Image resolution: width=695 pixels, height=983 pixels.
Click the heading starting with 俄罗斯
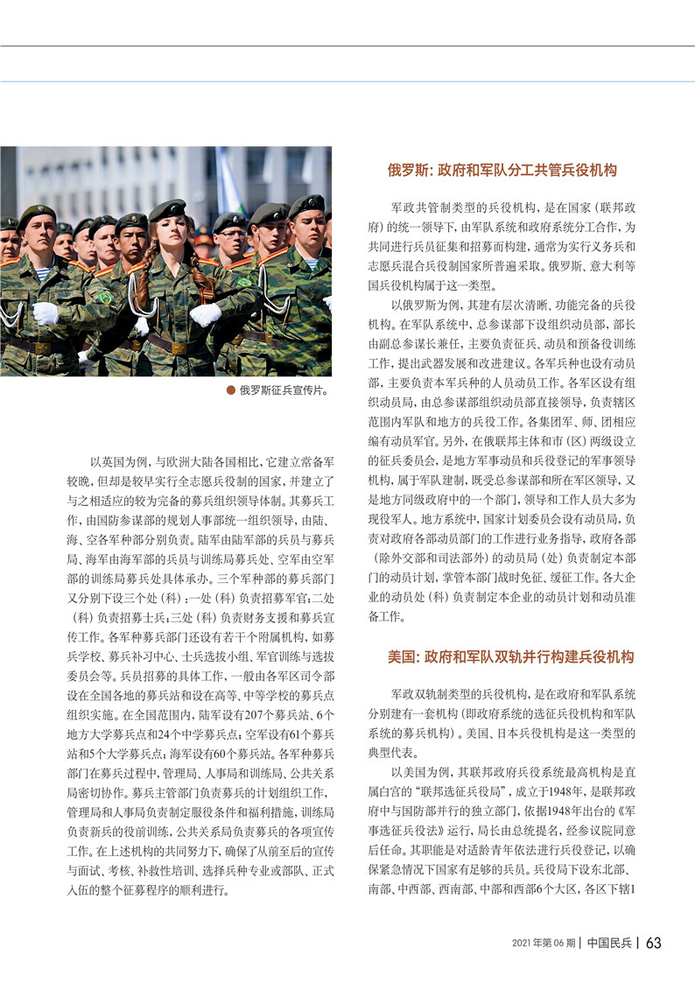(502, 170)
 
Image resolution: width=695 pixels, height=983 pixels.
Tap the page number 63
(654, 943)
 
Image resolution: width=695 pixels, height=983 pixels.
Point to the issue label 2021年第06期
(543, 944)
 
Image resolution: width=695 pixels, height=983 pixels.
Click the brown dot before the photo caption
(230, 390)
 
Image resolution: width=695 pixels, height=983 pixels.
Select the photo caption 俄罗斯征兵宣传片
(283, 390)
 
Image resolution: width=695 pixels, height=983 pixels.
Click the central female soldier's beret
(167, 209)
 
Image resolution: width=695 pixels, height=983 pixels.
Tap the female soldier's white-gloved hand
(205, 313)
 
